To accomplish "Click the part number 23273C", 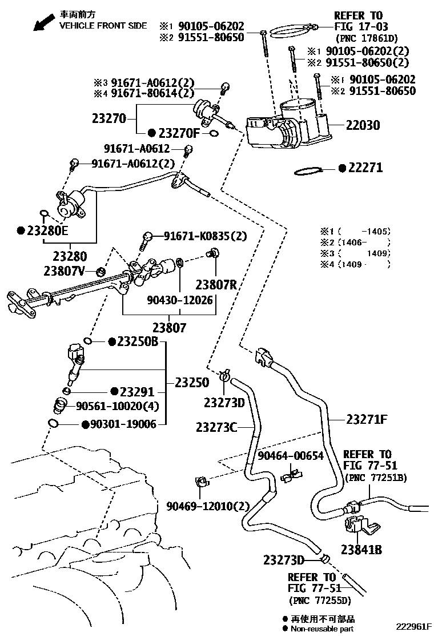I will (216, 427).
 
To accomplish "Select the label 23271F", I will (367, 419).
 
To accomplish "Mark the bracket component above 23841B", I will (359, 526).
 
